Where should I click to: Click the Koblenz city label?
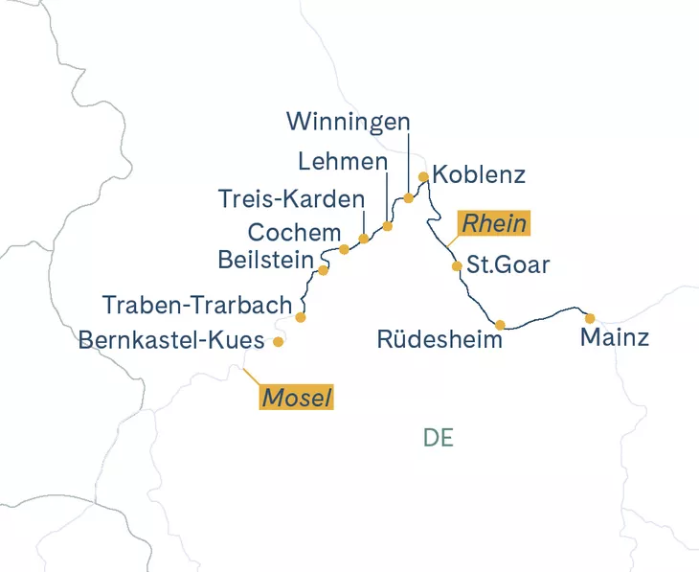tap(479, 175)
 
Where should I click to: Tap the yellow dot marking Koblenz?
tap(424, 176)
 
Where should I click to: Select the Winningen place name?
tap(349, 123)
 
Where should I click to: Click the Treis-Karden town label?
tap(292, 199)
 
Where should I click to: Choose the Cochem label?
tap(294, 232)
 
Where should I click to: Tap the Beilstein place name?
tap(266, 260)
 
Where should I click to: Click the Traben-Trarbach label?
tap(197, 305)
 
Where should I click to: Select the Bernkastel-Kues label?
tap(171, 339)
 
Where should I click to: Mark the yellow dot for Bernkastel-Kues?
tap(279, 341)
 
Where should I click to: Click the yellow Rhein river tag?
tap(494, 223)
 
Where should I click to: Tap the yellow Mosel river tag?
tap(298, 398)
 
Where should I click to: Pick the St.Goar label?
tap(507, 265)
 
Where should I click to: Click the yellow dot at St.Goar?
tap(457, 266)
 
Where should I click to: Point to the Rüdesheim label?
tap(440, 340)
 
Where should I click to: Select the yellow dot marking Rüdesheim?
tap(500, 324)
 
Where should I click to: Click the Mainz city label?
tap(616, 338)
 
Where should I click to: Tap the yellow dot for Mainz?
tap(590, 318)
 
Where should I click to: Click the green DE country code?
tap(438, 438)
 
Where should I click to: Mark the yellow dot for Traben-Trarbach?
tap(301, 316)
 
